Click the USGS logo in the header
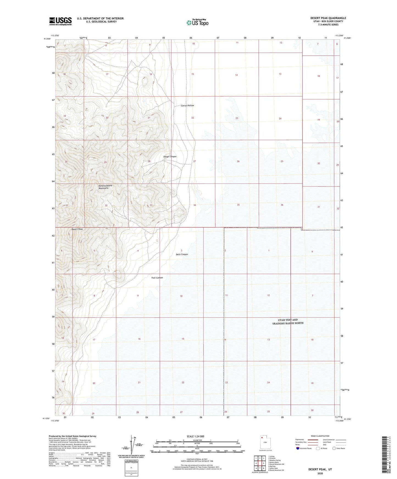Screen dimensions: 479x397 tap(60, 21)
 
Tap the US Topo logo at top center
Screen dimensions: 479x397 tap(197, 22)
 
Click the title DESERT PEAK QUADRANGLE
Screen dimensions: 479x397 tap(328, 18)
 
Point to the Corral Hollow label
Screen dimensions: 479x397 tap(187, 106)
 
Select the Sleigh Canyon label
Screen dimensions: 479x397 tap(170, 157)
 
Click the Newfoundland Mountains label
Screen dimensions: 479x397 tap(105, 187)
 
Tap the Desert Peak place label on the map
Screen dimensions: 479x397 tap(77, 229)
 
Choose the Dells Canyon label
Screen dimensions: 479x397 tap(182, 254)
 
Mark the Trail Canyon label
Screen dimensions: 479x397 tap(157, 278)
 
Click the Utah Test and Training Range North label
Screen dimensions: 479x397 tap(288, 322)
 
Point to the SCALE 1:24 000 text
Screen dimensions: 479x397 tap(195, 436)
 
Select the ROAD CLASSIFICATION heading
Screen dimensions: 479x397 tap(320, 436)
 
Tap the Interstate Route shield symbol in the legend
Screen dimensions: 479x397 tap(298, 448)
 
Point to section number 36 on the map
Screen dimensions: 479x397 tap(282, 205)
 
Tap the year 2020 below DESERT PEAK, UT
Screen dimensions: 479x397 tap(320, 473)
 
